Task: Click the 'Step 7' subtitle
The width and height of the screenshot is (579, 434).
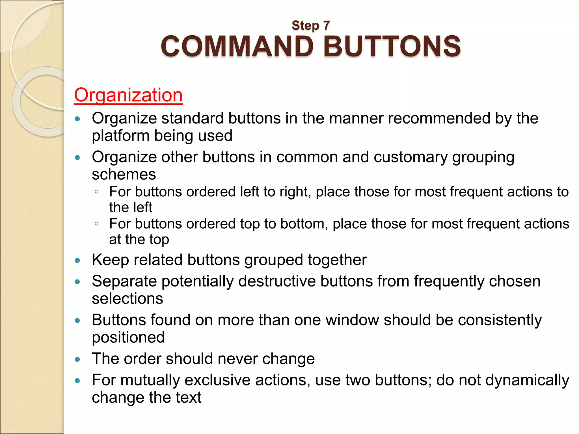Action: point(311,25)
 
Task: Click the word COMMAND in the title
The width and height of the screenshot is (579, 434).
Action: point(237,46)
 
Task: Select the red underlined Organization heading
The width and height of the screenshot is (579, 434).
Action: point(128,95)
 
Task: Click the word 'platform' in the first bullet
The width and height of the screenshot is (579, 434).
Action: point(120,136)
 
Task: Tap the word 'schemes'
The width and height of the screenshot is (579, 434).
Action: point(124,174)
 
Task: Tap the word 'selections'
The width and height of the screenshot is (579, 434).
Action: point(128,299)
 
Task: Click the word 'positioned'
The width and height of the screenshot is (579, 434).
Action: point(128,338)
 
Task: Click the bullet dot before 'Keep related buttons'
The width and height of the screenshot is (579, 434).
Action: point(77,260)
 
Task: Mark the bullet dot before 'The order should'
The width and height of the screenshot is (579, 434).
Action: point(77,359)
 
